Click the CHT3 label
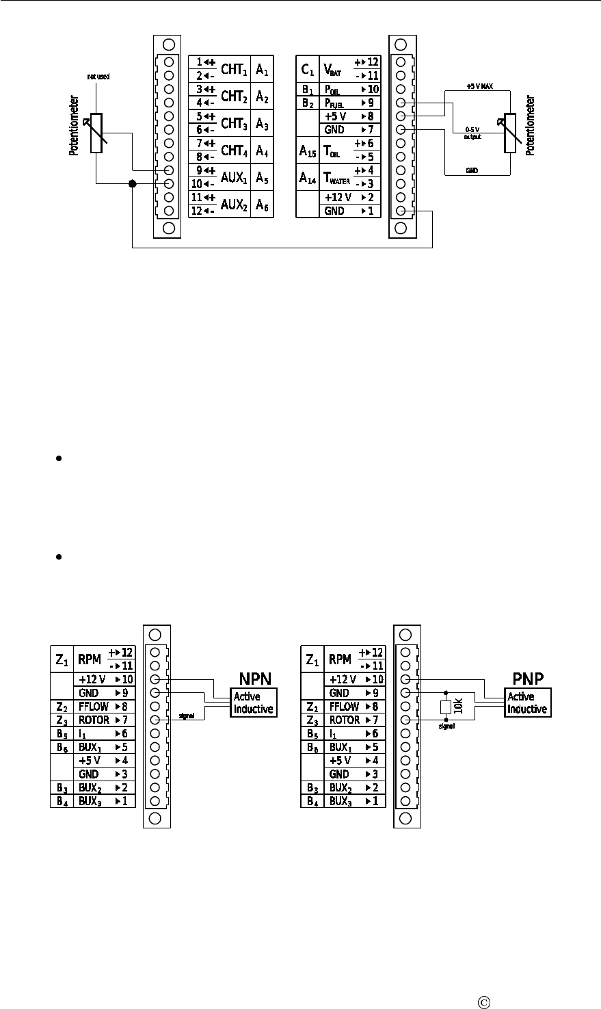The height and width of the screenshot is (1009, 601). (x=233, y=123)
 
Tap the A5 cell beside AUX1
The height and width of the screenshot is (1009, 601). (x=262, y=177)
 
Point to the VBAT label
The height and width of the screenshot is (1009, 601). (x=332, y=69)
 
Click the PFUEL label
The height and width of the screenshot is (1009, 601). (x=333, y=103)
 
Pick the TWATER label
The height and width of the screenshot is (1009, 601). (x=335, y=178)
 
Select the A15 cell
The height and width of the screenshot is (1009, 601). (x=307, y=150)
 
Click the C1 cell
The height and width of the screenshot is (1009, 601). (x=307, y=69)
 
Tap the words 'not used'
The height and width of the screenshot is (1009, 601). (x=98, y=77)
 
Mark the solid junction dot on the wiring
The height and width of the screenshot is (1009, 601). (x=132, y=184)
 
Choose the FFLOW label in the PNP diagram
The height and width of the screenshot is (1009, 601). (x=343, y=706)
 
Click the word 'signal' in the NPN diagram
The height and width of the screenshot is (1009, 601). (x=187, y=716)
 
